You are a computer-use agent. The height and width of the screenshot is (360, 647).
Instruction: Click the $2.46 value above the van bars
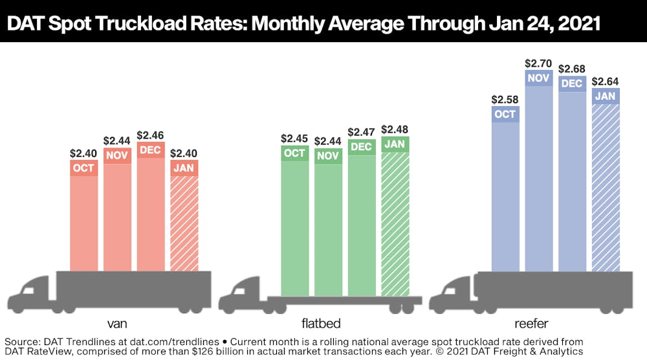click(x=151, y=135)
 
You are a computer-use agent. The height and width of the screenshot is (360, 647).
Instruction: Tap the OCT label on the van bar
click(x=83, y=168)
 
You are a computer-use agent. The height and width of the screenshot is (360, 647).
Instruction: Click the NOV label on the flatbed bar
click(x=328, y=156)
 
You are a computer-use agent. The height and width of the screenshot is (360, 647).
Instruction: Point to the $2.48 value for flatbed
click(x=395, y=129)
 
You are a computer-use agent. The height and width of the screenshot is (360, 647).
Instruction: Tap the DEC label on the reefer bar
click(x=572, y=84)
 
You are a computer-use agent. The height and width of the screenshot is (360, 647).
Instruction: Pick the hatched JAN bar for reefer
click(x=606, y=188)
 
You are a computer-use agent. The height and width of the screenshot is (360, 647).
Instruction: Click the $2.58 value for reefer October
click(x=505, y=99)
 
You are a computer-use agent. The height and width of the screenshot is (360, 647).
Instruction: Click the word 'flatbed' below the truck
click(x=321, y=323)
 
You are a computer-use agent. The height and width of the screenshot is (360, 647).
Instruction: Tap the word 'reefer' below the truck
click(x=531, y=323)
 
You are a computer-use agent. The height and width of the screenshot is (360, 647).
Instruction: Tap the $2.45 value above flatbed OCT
click(x=294, y=139)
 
